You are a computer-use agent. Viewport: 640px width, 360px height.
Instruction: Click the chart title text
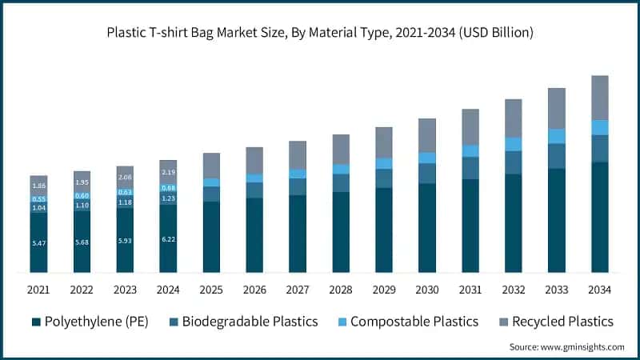point(320,33)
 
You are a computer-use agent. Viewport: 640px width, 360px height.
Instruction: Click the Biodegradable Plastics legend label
point(250,322)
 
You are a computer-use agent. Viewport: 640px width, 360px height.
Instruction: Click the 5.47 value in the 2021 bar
point(38,242)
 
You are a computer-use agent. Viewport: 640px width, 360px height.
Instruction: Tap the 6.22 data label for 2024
point(168,239)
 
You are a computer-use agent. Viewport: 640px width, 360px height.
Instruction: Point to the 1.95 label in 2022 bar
point(82,182)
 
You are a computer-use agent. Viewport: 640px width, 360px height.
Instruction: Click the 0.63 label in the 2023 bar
point(125,192)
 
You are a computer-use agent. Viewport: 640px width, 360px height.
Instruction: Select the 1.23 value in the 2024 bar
point(168,198)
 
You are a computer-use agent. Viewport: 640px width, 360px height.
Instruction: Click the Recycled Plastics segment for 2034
point(600,98)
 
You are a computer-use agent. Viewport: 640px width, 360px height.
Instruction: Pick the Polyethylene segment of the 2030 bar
point(427,228)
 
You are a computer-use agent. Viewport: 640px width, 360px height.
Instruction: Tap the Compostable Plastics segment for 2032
point(514,144)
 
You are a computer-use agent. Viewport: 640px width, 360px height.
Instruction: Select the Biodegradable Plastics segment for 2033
point(557,156)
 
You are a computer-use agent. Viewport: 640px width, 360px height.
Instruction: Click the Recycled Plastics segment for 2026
point(254,160)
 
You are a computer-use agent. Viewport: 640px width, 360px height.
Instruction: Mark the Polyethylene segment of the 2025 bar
point(211,237)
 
